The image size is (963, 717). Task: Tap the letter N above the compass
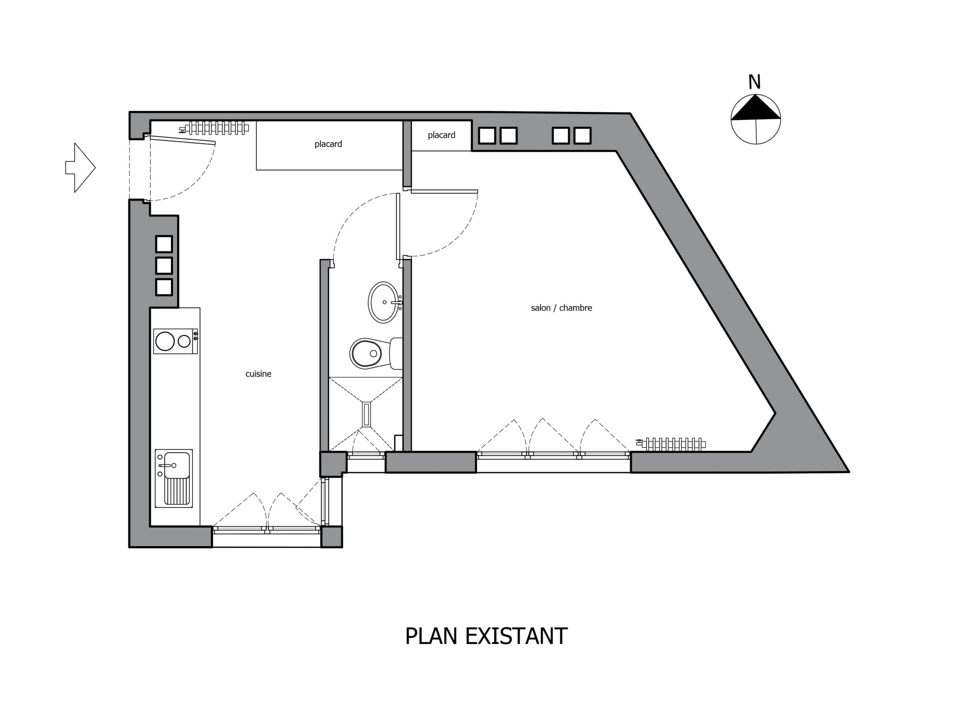point(754,82)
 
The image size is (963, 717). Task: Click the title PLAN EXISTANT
point(486,636)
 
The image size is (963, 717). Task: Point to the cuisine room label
point(258,374)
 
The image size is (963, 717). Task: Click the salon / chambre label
point(561,308)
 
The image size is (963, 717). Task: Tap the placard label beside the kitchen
point(328,144)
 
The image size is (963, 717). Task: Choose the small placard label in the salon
point(441,135)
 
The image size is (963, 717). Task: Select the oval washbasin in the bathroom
point(383,303)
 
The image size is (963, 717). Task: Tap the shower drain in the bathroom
point(366,414)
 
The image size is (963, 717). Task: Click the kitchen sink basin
point(176,465)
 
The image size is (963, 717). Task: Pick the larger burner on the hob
point(165,341)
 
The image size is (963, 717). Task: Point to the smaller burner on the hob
point(184,341)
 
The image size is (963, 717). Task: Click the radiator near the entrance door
point(215,128)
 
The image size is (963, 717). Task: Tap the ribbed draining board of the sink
point(176,491)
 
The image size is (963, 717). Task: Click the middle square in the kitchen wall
point(164,266)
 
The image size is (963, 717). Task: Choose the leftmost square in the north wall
point(487,136)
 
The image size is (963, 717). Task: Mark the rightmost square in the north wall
point(582,136)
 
